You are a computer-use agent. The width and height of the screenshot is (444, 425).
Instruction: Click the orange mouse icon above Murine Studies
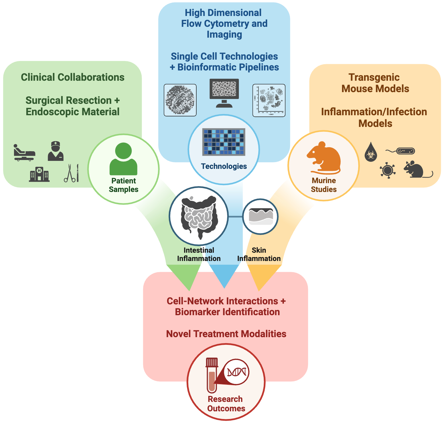324,157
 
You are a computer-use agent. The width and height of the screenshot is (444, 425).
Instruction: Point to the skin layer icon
261,216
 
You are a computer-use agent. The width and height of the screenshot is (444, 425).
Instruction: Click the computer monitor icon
224,93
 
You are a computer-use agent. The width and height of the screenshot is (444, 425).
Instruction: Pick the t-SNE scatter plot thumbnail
269,100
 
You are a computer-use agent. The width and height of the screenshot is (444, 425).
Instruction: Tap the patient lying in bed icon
24,153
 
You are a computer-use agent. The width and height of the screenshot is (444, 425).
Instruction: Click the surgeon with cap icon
55,151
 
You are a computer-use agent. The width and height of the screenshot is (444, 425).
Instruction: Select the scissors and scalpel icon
71,173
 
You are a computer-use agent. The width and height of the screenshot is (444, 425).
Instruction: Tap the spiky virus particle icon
388,170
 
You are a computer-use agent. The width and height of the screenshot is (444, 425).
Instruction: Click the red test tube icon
212,375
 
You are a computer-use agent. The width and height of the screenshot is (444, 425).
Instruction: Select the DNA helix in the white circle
237,372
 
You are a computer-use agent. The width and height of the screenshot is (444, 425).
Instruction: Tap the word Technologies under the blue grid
224,166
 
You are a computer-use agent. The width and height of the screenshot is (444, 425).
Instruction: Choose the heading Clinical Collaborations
73,77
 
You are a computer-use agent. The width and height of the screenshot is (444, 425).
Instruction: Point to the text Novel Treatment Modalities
226,334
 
